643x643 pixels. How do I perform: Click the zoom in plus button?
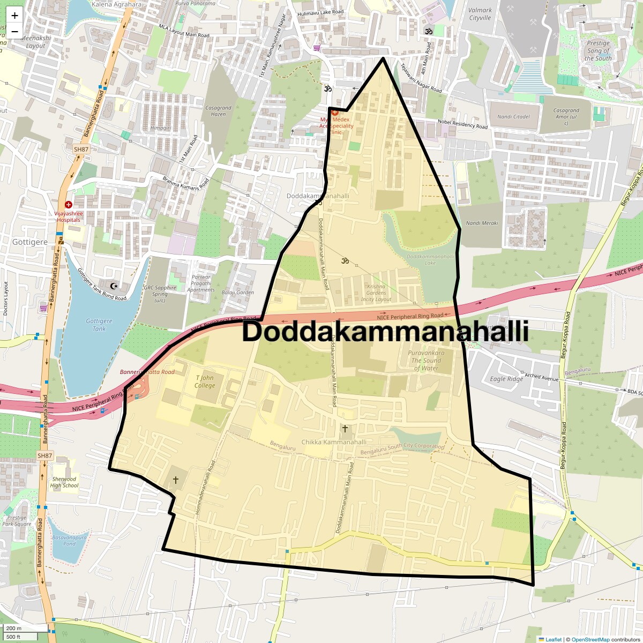coord(14,16)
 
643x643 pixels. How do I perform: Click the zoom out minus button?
coord(14,31)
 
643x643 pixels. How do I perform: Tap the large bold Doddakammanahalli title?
coord(385,331)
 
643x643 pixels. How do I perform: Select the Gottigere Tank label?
coord(99,325)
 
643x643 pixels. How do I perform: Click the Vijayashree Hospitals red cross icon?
coord(69,205)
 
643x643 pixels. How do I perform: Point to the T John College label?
coord(205,382)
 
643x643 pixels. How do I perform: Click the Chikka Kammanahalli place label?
coord(334,442)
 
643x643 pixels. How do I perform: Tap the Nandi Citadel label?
coord(513,117)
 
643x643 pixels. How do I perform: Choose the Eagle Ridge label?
coord(506,379)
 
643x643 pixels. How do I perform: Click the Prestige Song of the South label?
coord(598,50)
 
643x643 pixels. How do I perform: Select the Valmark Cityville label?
coord(480,14)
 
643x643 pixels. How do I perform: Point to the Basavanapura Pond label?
coord(69,540)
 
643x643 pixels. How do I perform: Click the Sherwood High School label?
coord(64,482)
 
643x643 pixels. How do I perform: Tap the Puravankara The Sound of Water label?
coord(426,361)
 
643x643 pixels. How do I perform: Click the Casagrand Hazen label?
coord(218,111)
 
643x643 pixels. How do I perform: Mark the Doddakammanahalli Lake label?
coord(430,259)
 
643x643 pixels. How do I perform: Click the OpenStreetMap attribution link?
coord(590,639)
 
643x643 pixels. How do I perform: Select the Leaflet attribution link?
coord(554,639)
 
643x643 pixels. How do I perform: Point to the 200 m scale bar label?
coord(14,629)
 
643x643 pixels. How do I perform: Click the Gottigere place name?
coord(30,242)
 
